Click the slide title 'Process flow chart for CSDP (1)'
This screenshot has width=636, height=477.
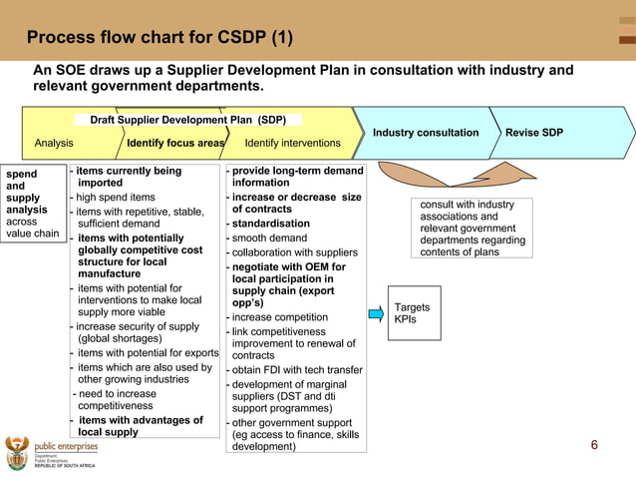pos(159,38)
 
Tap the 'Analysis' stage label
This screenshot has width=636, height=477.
pos(54,144)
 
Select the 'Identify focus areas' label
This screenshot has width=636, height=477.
pos(175,144)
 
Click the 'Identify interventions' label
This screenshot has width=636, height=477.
pos(292,144)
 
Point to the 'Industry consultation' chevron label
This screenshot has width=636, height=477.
pos(426,133)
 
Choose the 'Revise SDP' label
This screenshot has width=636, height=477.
pos(533,133)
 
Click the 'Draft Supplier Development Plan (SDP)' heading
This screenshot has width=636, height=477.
pos(188,120)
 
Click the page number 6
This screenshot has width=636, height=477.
pos(594,445)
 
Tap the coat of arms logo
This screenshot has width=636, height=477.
pos(17,452)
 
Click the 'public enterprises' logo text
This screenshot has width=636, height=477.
pos(66,447)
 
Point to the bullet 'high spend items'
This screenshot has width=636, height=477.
pos(115,198)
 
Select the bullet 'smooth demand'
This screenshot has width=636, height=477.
pos(269,238)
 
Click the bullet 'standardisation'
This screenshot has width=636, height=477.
pos(270,224)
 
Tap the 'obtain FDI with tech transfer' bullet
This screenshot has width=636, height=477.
pos(297,370)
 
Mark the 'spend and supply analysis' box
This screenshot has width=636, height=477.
pos(32,204)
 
